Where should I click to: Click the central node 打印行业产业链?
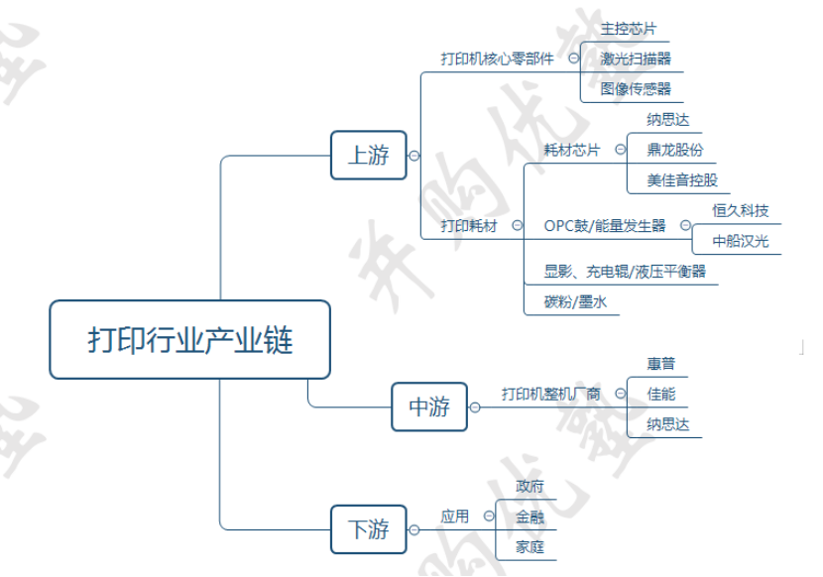[189, 340]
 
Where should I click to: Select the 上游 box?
[368, 156]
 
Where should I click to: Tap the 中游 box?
[429, 406]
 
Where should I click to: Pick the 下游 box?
[368, 529]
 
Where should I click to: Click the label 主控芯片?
[628, 30]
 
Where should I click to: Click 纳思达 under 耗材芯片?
[667, 120]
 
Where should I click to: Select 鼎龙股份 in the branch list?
[675, 150]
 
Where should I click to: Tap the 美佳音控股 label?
[682, 180]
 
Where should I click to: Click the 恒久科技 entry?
[741, 210]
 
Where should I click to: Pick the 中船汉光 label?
[741, 241]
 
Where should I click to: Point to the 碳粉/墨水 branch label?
[575, 302]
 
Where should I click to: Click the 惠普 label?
[661, 364]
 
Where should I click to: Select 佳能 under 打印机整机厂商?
[661, 394]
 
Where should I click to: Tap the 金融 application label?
[529, 517]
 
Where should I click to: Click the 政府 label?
[529, 487]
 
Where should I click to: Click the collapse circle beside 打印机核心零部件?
[574, 58]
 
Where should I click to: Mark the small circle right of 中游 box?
[475, 406]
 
